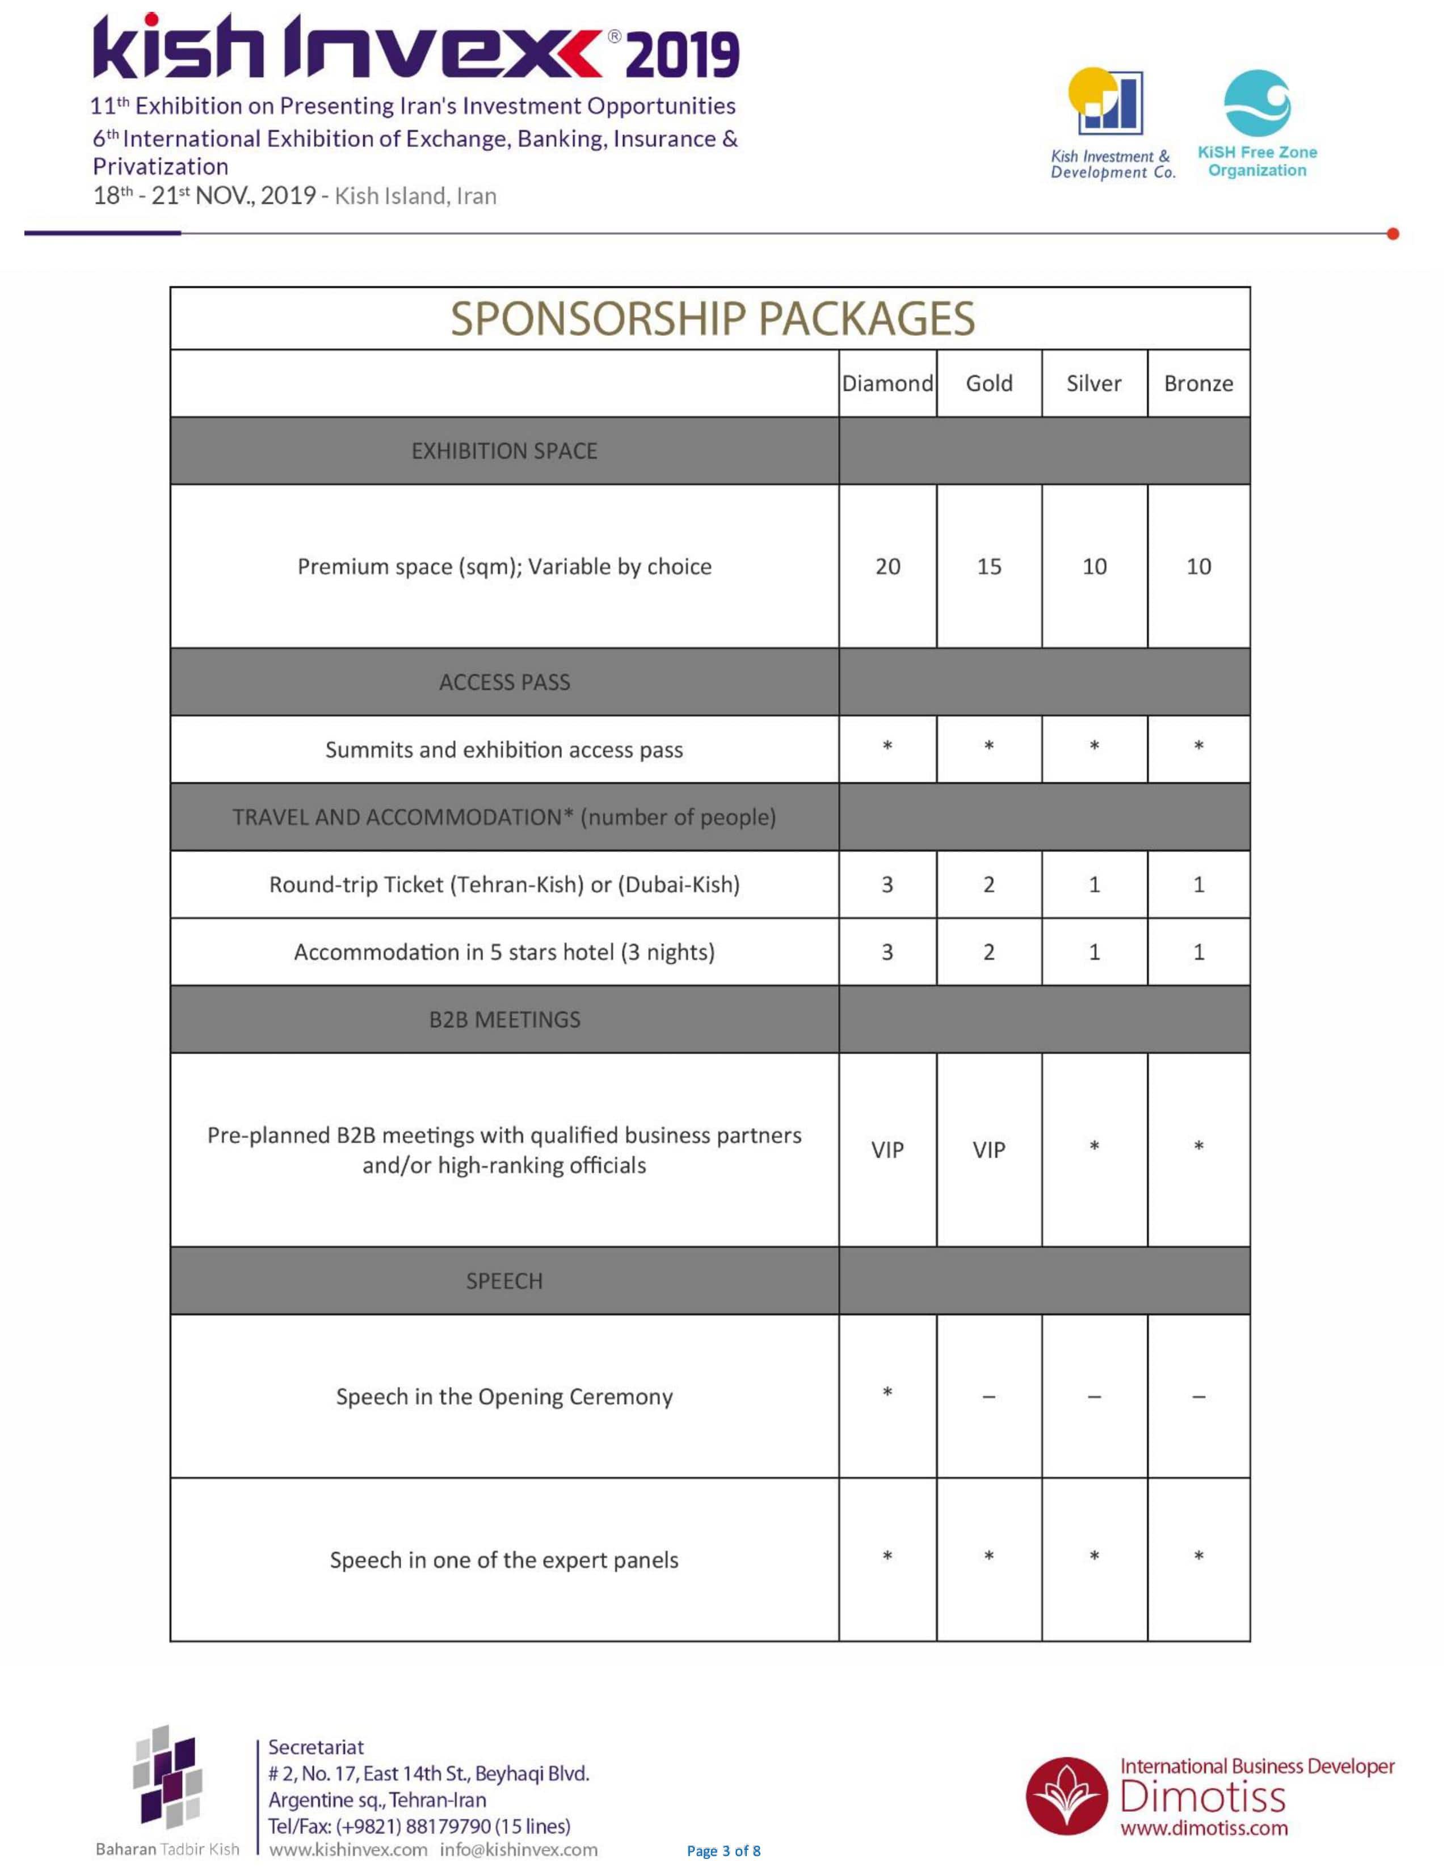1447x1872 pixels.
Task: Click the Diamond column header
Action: (887, 383)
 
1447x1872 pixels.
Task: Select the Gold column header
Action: (988, 383)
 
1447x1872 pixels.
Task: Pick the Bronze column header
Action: (1197, 383)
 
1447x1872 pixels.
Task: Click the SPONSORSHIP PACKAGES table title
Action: (712, 319)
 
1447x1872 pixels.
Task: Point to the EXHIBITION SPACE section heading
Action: (504, 451)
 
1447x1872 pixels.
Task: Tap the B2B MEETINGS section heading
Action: (504, 1019)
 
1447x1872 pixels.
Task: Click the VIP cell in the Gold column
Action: (988, 1149)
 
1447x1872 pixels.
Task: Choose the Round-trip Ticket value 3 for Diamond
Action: (887, 884)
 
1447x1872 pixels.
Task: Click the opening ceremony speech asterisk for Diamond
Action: (887, 1392)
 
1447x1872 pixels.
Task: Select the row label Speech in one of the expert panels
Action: (504, 1560)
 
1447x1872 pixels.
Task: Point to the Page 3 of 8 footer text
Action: (724, 1850)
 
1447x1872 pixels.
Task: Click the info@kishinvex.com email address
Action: (519, 1849)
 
